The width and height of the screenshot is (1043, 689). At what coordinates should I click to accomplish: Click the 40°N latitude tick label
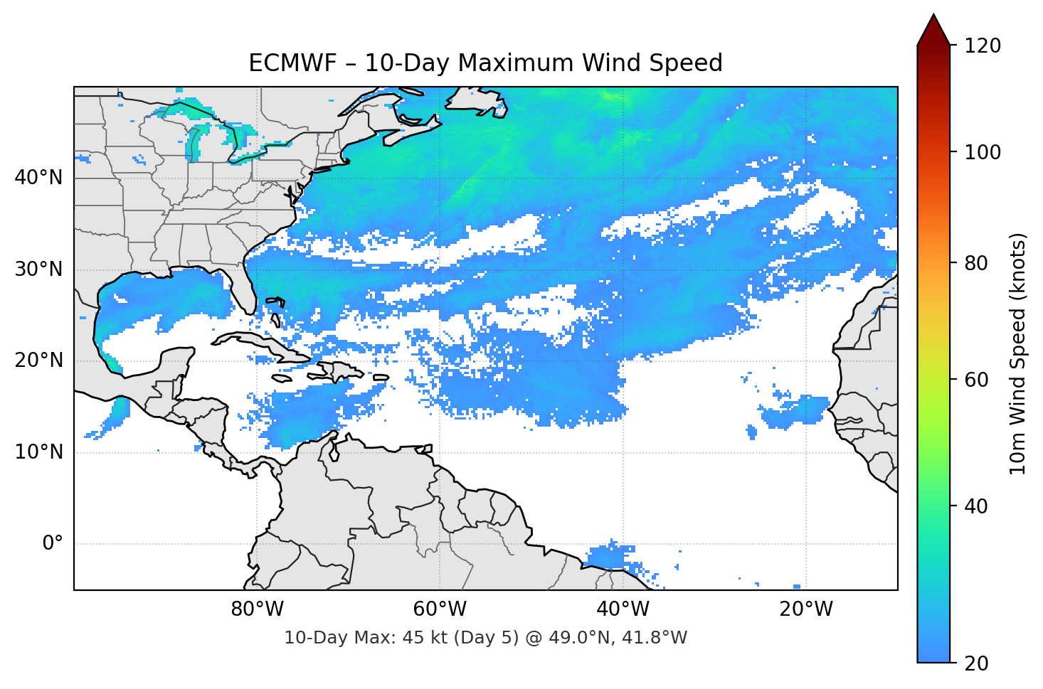coord(38,178)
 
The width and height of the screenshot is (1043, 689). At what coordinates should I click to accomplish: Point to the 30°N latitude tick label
coord(38,269)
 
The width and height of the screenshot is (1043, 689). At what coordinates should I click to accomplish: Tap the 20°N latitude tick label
coord(38,360)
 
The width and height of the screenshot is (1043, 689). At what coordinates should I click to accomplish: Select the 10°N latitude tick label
coord(38,452)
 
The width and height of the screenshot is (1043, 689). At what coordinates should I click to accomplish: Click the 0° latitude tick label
coord(52,544)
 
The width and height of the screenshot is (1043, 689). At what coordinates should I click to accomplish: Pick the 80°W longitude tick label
coord(258,609)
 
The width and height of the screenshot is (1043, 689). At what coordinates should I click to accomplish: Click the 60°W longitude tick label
coord(440,609)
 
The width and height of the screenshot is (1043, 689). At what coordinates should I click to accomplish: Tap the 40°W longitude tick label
coord(623,609)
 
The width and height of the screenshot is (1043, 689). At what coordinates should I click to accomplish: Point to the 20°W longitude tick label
coord(806,609)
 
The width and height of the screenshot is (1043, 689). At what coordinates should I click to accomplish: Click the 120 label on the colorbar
coord(983,46)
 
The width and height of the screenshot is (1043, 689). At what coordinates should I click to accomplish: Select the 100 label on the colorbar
coord(983,152)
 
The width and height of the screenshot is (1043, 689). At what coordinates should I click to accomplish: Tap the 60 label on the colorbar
coord(978,380)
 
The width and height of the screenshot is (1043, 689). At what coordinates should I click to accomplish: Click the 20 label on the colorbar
coord(978,663)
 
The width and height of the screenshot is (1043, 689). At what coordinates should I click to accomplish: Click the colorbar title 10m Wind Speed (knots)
coord(1018,353)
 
